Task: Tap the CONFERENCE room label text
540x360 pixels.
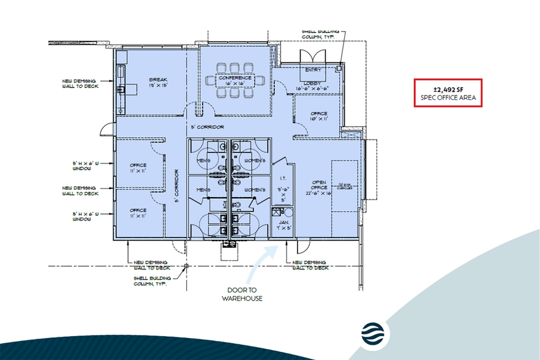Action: pos(236,78)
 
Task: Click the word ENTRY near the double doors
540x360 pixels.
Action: pos(313,70)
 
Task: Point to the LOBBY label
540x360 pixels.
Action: pos(313,83)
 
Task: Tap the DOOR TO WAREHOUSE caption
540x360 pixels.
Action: pos(242,294)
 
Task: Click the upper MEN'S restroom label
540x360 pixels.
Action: pos(204,161)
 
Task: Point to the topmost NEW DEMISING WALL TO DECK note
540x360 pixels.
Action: pos(80,84)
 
